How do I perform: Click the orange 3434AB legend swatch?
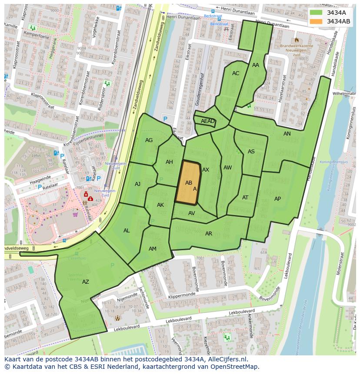317,21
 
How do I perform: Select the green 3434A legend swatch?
317,13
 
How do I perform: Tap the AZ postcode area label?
86,282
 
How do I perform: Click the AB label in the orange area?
189,183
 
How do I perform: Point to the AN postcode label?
287,134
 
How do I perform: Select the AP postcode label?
277,199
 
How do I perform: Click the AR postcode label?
209,234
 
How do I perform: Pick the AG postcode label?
149,140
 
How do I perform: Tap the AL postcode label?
127,231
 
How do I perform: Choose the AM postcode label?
153,249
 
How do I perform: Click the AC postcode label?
236,73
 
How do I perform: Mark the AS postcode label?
251,152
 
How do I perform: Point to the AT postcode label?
245,198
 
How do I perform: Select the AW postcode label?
227,168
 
